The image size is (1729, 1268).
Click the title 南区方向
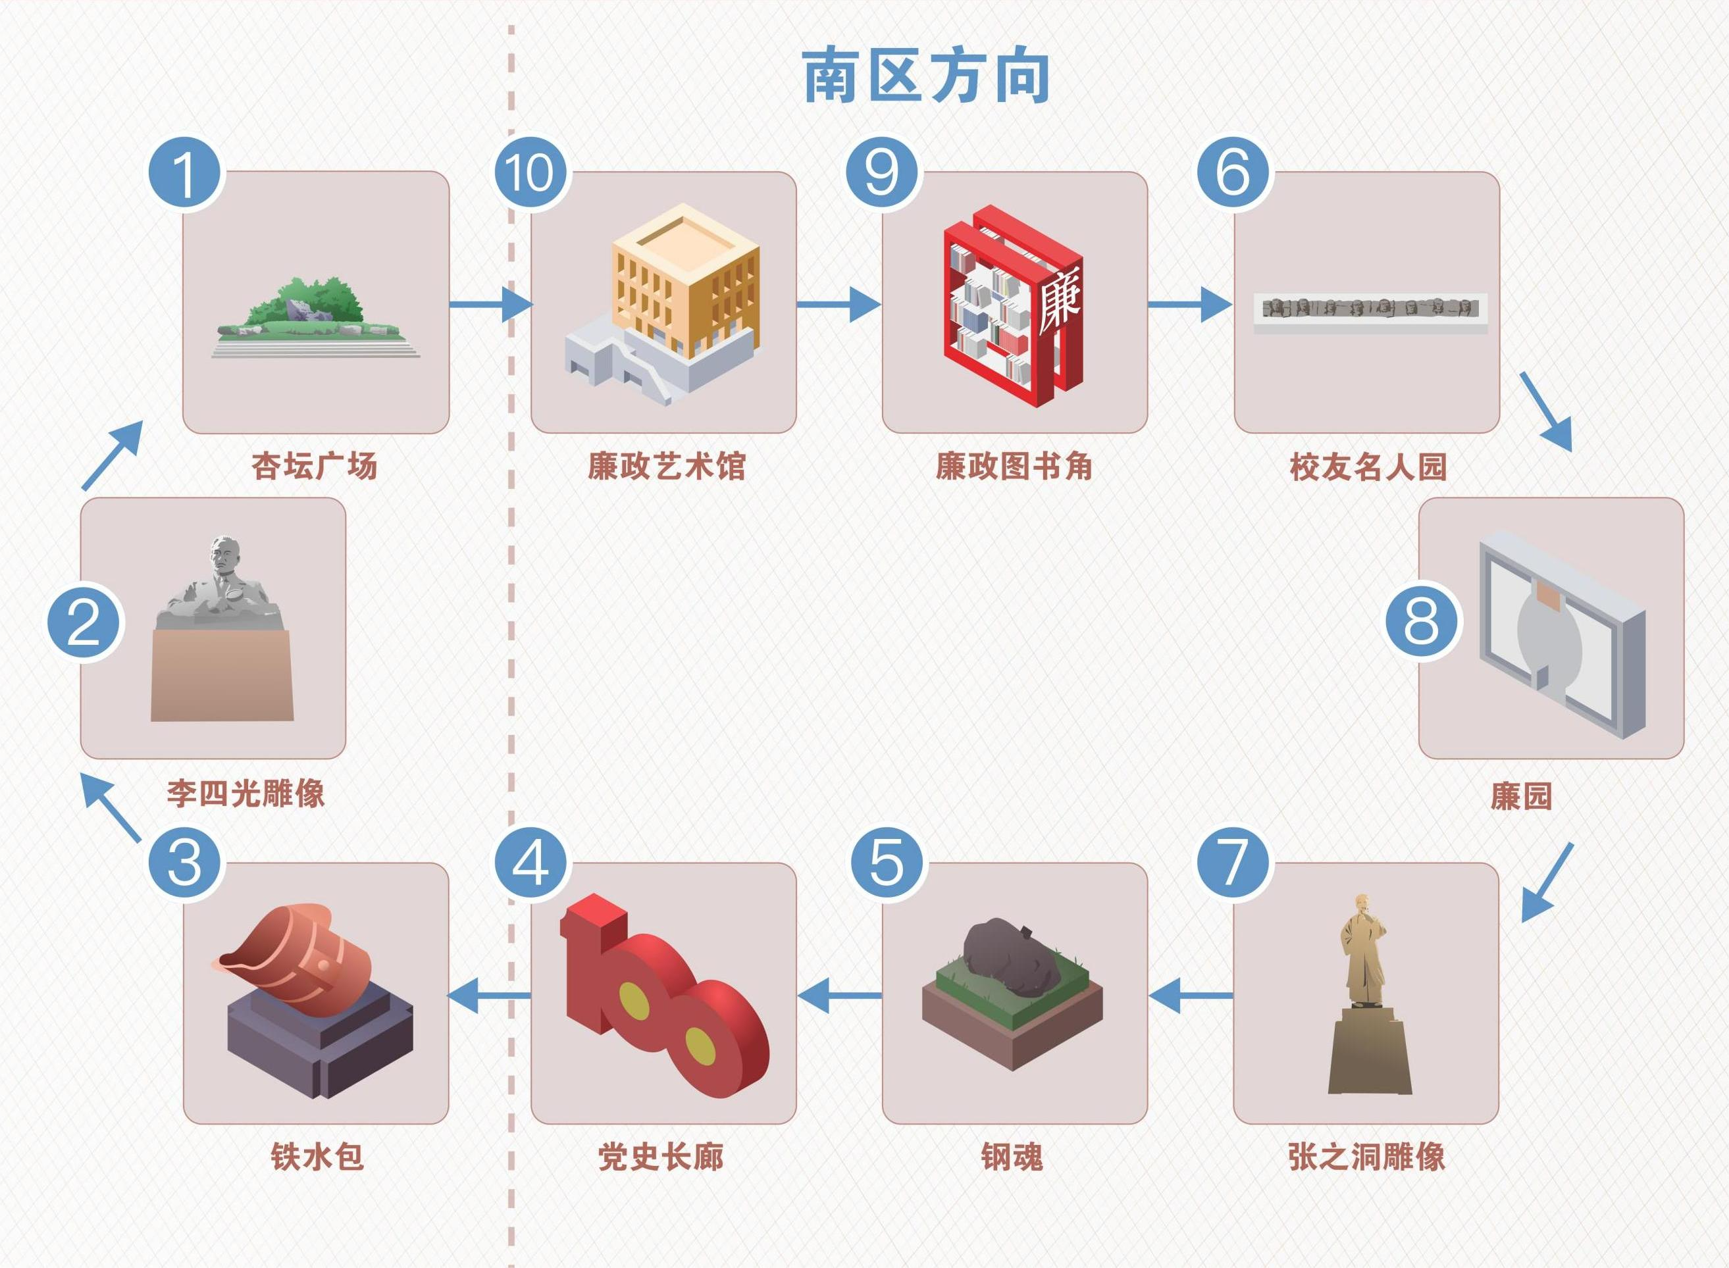[x=926, y=77]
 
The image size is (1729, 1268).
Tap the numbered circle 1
[x=184, y=174]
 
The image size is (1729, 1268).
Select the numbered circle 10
[x=530, y=174]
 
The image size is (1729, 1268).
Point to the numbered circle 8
[x=1421, y=621]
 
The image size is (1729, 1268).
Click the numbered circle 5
[x=887, y=863]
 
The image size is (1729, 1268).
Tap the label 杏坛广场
[x=315, y=466]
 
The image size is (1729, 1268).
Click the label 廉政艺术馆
[x=667, y=466]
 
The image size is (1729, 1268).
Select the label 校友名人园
[x=1368, y=467]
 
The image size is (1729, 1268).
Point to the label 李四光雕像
[x=245, y=794]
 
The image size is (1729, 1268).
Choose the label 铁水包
[x=317, y=1157]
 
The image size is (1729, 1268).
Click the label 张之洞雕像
[x=1366, y=1157]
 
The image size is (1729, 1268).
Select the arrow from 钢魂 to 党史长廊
[x=839, y=996]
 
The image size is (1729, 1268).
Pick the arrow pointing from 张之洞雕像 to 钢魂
[x=1190, y=996]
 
